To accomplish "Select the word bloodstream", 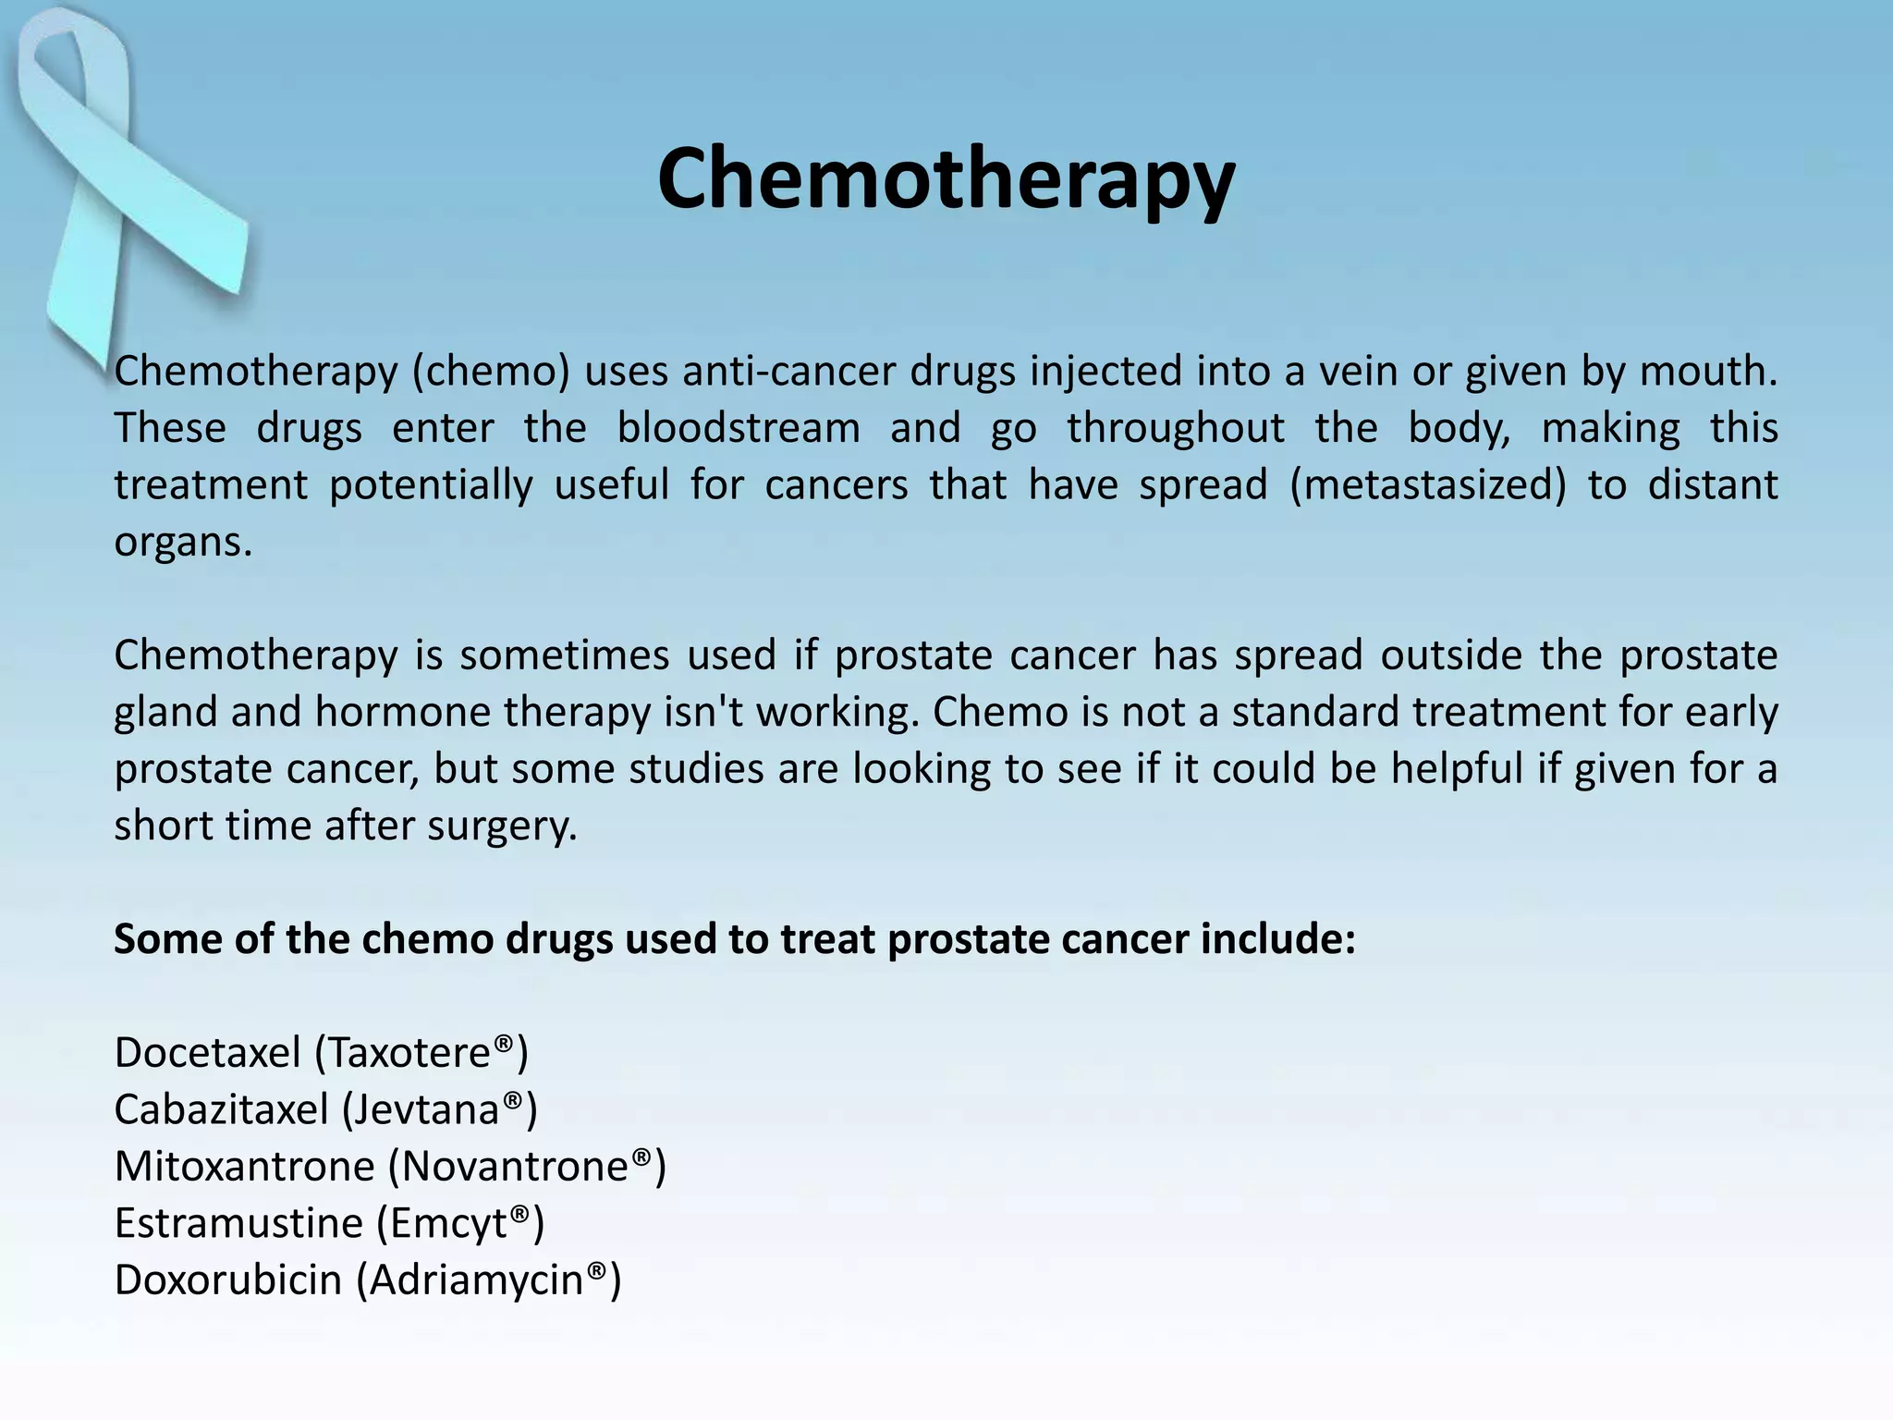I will tap(739, 428).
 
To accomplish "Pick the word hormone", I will tap(403, 712).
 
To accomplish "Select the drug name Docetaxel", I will tap(207, 1053).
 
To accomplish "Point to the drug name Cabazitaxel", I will tap(221, 1109).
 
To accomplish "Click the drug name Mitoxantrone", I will tap(244, 1167).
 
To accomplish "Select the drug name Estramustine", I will tap(238, 1223).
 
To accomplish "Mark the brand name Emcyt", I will tap(449, 1224).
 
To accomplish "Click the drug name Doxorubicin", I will tap(227, 1280).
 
